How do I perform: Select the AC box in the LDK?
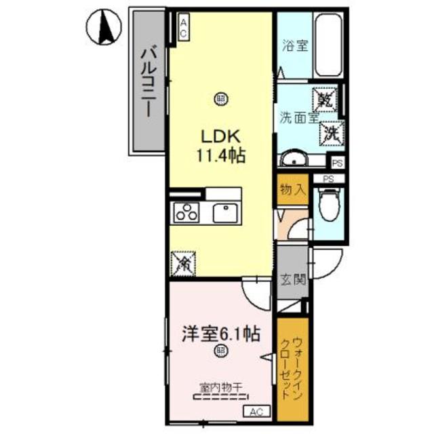183,28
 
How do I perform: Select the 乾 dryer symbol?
323,102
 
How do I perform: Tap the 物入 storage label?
292,190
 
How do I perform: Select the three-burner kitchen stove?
186,214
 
